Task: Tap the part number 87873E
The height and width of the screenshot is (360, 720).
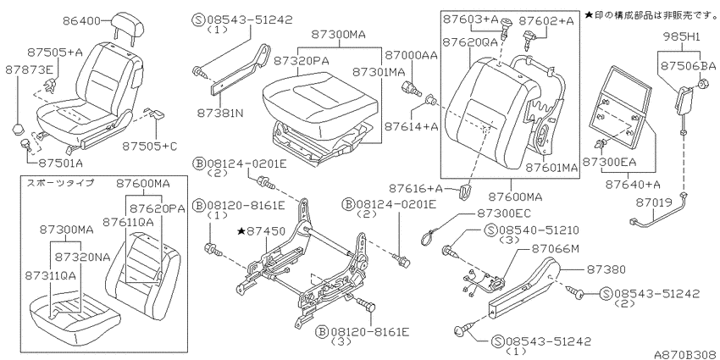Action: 30,69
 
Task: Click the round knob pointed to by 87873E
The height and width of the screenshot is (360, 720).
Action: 19,127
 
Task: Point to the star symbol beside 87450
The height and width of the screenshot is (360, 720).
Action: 241,231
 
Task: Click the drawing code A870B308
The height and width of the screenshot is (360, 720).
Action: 686,354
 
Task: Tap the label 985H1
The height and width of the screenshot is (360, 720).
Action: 681,36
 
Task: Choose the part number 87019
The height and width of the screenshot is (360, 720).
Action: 654,202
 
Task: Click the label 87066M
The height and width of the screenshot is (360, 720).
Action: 555,249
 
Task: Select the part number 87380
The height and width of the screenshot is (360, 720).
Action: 606,269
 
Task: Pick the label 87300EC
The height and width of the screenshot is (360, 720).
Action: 503,213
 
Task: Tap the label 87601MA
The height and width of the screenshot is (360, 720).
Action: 551,168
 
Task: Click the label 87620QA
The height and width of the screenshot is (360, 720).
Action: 470,42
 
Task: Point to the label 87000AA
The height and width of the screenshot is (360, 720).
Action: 411,56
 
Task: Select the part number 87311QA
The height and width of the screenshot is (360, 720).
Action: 51,275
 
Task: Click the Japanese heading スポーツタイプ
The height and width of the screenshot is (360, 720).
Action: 60,183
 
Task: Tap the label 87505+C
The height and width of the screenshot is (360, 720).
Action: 150,147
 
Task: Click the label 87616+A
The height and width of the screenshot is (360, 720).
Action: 416,189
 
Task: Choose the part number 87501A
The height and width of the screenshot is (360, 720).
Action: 61,163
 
